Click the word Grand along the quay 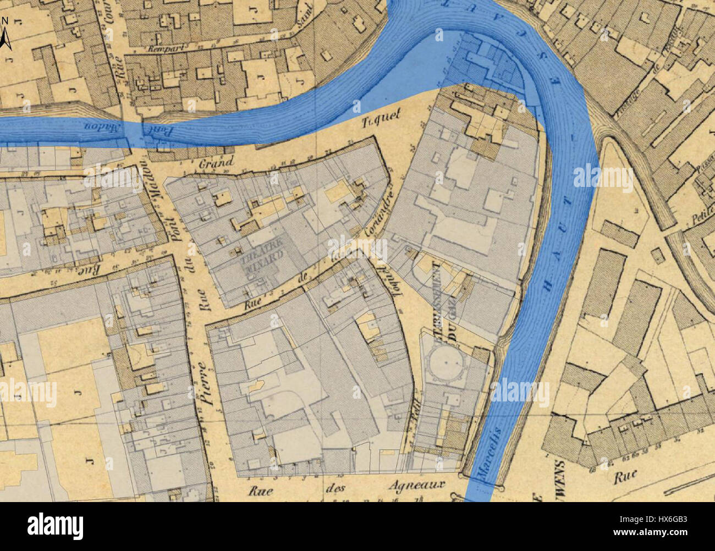[212, 163]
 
